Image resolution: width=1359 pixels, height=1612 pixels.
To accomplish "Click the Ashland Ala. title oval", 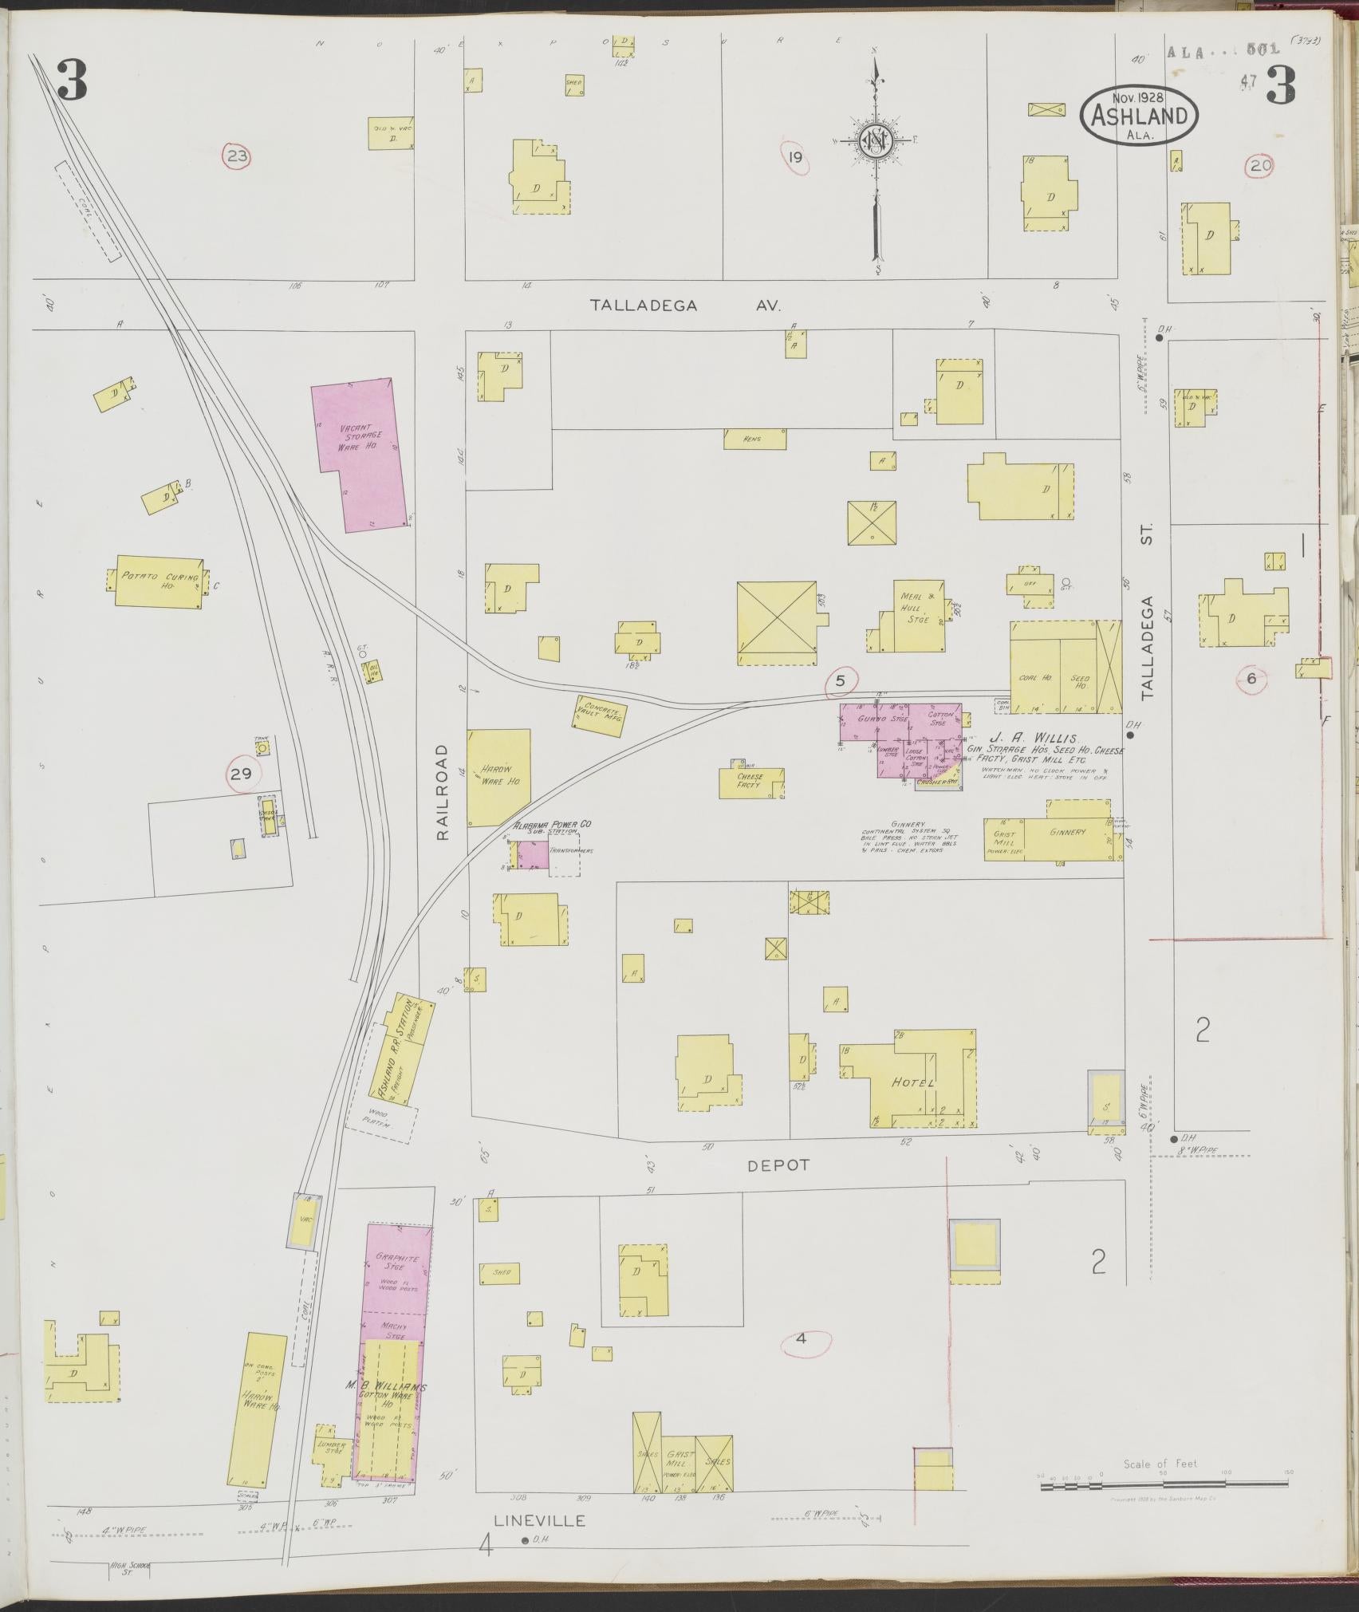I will (1138, 116).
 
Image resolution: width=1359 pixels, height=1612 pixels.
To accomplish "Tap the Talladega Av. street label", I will (685, 305).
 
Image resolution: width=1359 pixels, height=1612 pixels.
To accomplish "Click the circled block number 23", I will (237, 156).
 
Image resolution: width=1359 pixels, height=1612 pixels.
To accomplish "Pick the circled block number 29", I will (241, 773).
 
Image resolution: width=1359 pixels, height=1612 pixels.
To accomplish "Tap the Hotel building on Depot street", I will (914, 1083).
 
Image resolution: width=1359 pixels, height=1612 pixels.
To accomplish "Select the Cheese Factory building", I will (750, 782).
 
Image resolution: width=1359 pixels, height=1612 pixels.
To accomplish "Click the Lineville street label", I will (539, 1520).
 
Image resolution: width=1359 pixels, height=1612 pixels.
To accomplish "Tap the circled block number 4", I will (802, 1338).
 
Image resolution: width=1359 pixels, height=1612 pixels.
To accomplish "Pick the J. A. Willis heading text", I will (1023, 739).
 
